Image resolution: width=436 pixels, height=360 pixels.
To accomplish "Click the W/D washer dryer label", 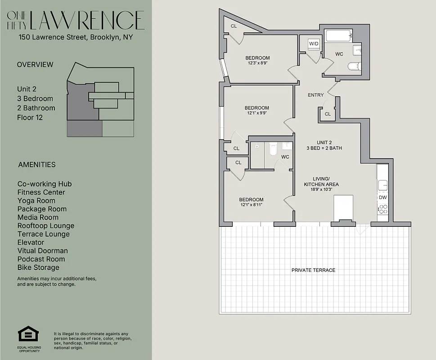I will [x=313, y=44].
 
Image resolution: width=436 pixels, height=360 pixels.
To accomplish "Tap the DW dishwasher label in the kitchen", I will [x=382, y=197].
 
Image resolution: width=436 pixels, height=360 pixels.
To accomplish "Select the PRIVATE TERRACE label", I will [x=313, y=270].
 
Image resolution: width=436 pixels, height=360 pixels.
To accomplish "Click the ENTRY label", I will [x=315, y=95].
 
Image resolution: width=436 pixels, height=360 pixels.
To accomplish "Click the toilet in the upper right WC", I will [x=354, y=67].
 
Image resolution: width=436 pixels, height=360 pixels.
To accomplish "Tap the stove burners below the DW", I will [x=383, y=209].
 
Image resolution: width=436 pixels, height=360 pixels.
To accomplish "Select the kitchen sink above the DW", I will [x=383, y=184].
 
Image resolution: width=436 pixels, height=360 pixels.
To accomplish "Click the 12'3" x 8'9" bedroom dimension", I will [x=257, y=63].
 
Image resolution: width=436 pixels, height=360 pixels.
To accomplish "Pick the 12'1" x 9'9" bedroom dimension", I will [x=257, y=113].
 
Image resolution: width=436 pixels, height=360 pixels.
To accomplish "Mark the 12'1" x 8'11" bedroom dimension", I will [x=251, y=205].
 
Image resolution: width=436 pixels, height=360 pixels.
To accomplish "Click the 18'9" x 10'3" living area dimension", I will [x=321, y=189].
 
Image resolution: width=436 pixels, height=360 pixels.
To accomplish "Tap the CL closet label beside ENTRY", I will [x=328, y=114].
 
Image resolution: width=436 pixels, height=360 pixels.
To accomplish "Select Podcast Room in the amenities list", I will [x=41, y=259].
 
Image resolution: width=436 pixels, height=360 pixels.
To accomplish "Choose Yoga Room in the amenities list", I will [x=36, y=201].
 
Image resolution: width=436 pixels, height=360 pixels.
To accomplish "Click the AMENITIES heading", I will [x=37, y=165].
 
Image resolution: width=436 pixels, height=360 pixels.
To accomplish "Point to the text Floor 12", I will [x=30, y=117].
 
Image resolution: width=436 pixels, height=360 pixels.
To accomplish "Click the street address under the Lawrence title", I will [x=76, y=38].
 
